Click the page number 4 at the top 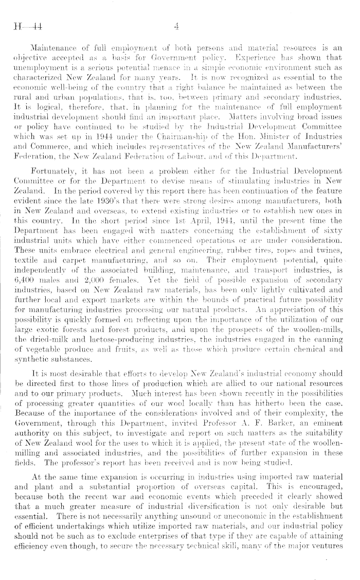coord(176,26)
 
